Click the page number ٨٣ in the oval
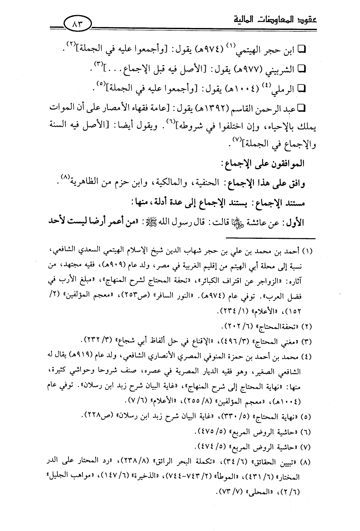pos(79,25)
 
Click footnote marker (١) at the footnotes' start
pos(308,251)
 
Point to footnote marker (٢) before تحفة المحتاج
pos(308,325)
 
